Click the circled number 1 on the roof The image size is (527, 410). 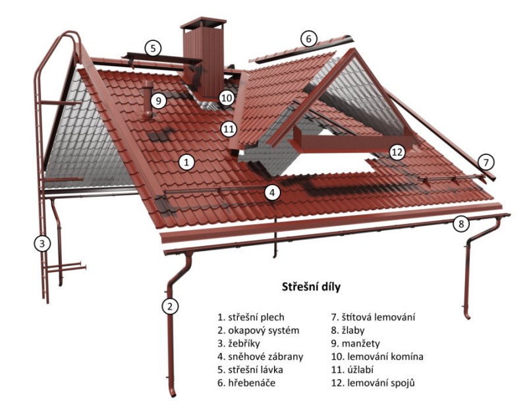(187, 161)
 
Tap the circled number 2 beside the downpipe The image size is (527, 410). (171, 306)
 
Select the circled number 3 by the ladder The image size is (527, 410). (42, 243)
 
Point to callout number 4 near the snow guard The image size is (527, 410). (273, 192)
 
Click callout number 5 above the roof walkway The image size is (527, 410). (152, 48)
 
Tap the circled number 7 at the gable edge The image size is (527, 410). (485, 161)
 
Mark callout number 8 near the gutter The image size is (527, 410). (462, 223)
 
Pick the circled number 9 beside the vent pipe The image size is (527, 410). (158, 101)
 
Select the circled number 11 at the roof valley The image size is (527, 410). (229, 129)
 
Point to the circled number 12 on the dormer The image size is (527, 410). (397, 152)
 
